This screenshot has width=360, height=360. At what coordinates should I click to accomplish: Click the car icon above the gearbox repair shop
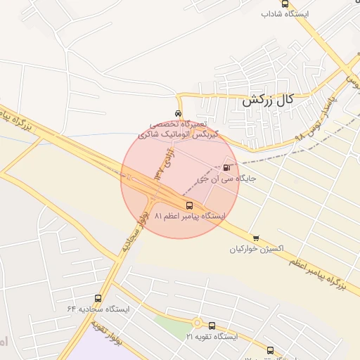(179, 112)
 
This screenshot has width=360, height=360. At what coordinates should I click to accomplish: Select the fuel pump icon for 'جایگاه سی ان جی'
(226, 167)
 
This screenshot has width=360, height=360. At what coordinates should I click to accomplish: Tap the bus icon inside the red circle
(189, 205)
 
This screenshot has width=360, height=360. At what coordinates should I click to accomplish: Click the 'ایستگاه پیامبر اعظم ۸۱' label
(189, 217)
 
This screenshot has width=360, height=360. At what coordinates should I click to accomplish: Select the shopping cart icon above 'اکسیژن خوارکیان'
(255, 238)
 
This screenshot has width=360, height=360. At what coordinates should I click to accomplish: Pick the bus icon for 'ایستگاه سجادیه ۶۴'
(98, 298)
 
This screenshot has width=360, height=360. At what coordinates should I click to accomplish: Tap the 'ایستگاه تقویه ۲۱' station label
(212, 337)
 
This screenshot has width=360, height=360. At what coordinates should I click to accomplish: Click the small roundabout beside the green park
(198, 323)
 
